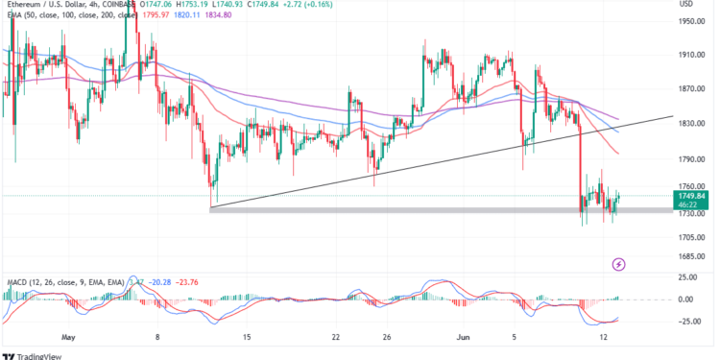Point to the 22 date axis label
(x=335, y=338)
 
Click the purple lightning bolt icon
(x=619, y=263)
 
